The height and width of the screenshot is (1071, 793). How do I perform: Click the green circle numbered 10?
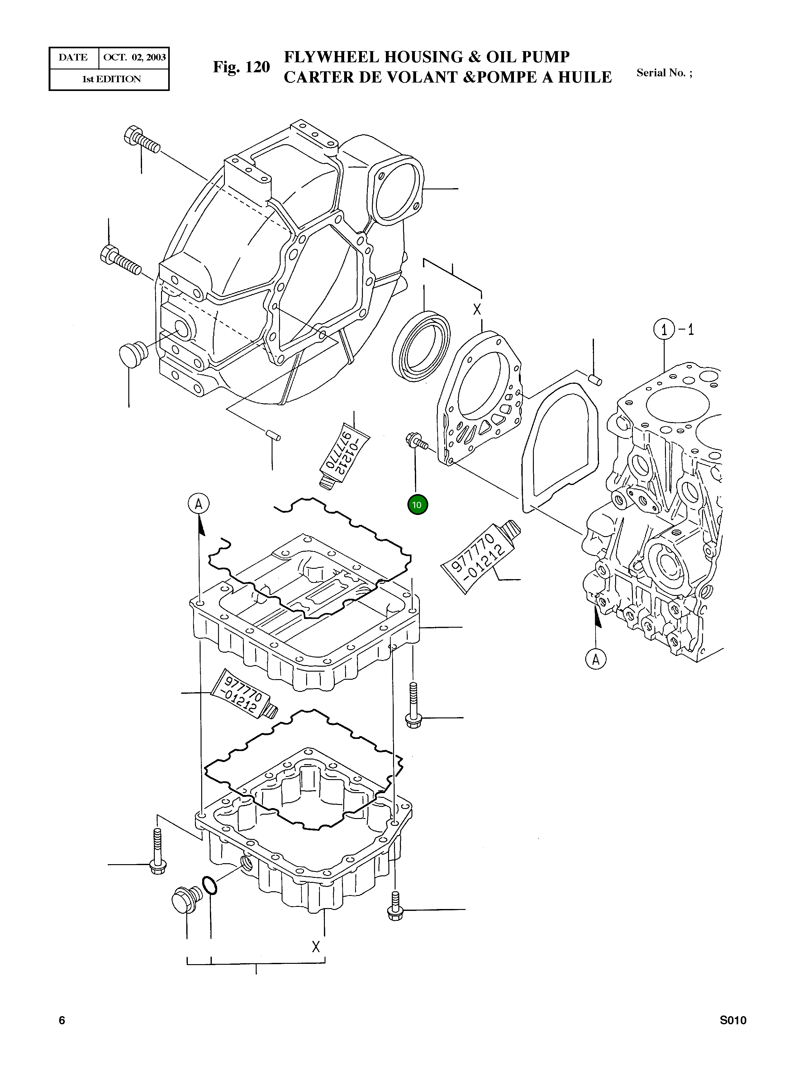[x=417, y=505]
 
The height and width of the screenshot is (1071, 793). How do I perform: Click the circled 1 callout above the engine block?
[x=664, y=330]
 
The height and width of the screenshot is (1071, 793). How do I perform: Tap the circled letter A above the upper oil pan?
[x=198, y=504]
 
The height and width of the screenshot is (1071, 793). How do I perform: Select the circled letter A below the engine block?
[x=596, y=659]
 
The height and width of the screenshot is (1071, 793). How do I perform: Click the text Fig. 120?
[x=241, y=67]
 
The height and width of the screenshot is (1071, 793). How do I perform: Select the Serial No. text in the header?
[x=664, y=73]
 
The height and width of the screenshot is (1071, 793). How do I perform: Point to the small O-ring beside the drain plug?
[x=210, y=885]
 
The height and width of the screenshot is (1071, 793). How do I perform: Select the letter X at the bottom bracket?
[x=316, y=947]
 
